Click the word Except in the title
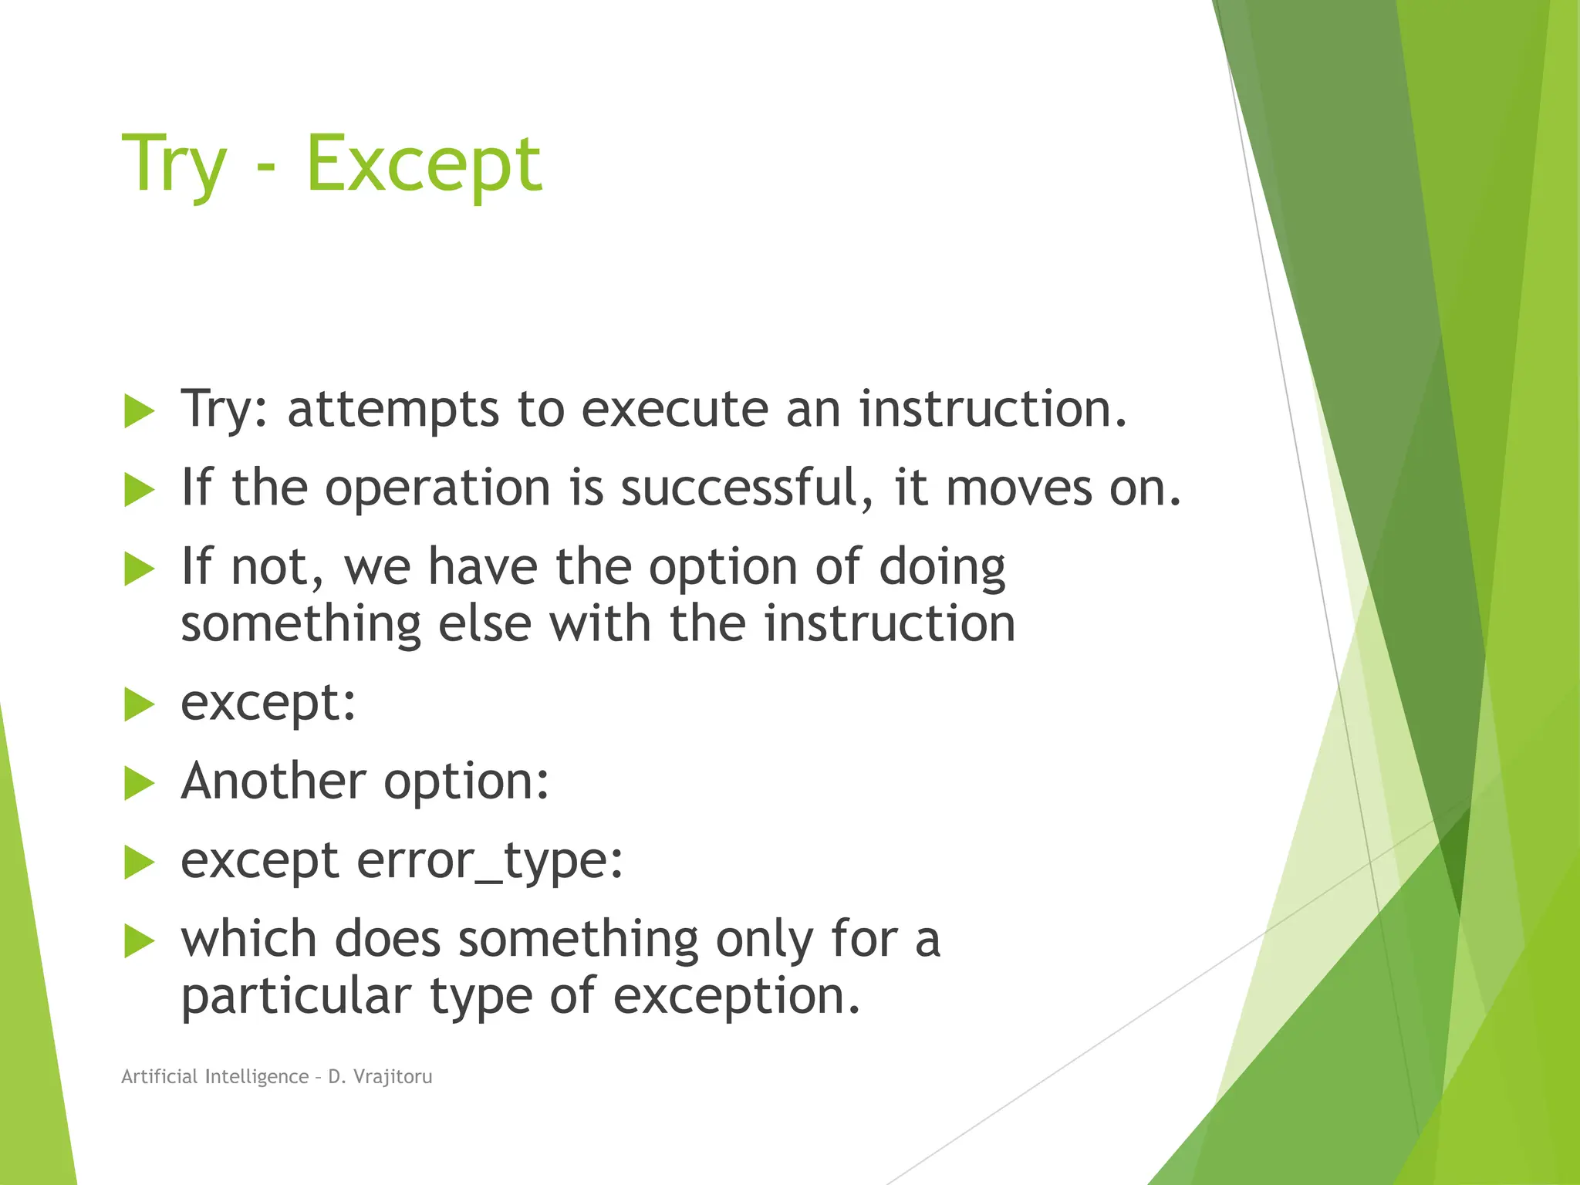click(424, 164)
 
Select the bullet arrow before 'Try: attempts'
click(140, 410)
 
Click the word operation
click(437, 489)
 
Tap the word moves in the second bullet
click(1018, 489)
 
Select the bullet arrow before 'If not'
click(140, 569)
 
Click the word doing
click(942, 568)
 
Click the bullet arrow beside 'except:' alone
click(140, 704)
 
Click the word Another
click(274, 781)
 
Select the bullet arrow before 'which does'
click(140, 941)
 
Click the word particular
click(295, 997)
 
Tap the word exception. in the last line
click(737, 997)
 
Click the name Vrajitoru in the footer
click(393, 1076)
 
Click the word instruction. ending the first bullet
click(993, 409)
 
